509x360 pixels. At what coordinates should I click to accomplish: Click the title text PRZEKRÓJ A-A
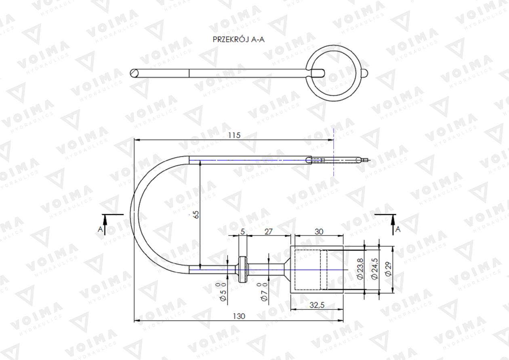pos(239,39)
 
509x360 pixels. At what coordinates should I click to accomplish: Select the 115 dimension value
pos(234,135)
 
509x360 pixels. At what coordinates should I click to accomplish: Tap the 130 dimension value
pos(239,316)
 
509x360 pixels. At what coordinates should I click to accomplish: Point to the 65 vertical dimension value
pos(197,215)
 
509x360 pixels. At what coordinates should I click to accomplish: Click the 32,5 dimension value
pos(317,305)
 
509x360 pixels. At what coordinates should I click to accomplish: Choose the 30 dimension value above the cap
pos(319,232)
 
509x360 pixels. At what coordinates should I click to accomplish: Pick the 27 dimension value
pos(268,232)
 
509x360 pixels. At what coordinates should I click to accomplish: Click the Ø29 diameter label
pos(388,269)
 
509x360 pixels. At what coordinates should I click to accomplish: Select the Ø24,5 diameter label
pos(374,269)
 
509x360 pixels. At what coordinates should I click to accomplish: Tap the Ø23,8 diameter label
pos(360,269)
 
